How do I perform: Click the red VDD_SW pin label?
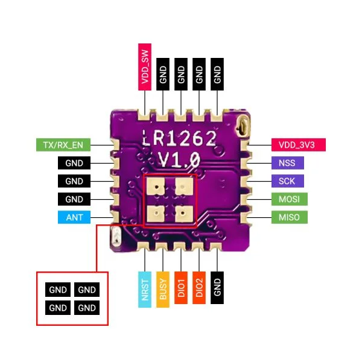(x=145, y=66)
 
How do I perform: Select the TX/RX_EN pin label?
(x=63, y=145)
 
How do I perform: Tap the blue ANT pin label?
(x=74, y=217)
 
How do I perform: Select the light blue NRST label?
(x=145, y=288)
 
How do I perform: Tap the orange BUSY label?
(x=163, y=288)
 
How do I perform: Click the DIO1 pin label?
(x=181, y=288)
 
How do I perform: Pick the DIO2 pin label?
(x=199, y=288)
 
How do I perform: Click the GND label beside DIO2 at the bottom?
(x=217, y=288)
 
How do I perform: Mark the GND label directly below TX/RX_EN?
(x=74, y=163)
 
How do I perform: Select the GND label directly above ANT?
(x=74, y=199)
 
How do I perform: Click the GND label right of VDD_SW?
(x=163, y=74)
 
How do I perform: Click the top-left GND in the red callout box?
(x=58, y=290)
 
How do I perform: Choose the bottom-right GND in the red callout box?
(x=87, y=308)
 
